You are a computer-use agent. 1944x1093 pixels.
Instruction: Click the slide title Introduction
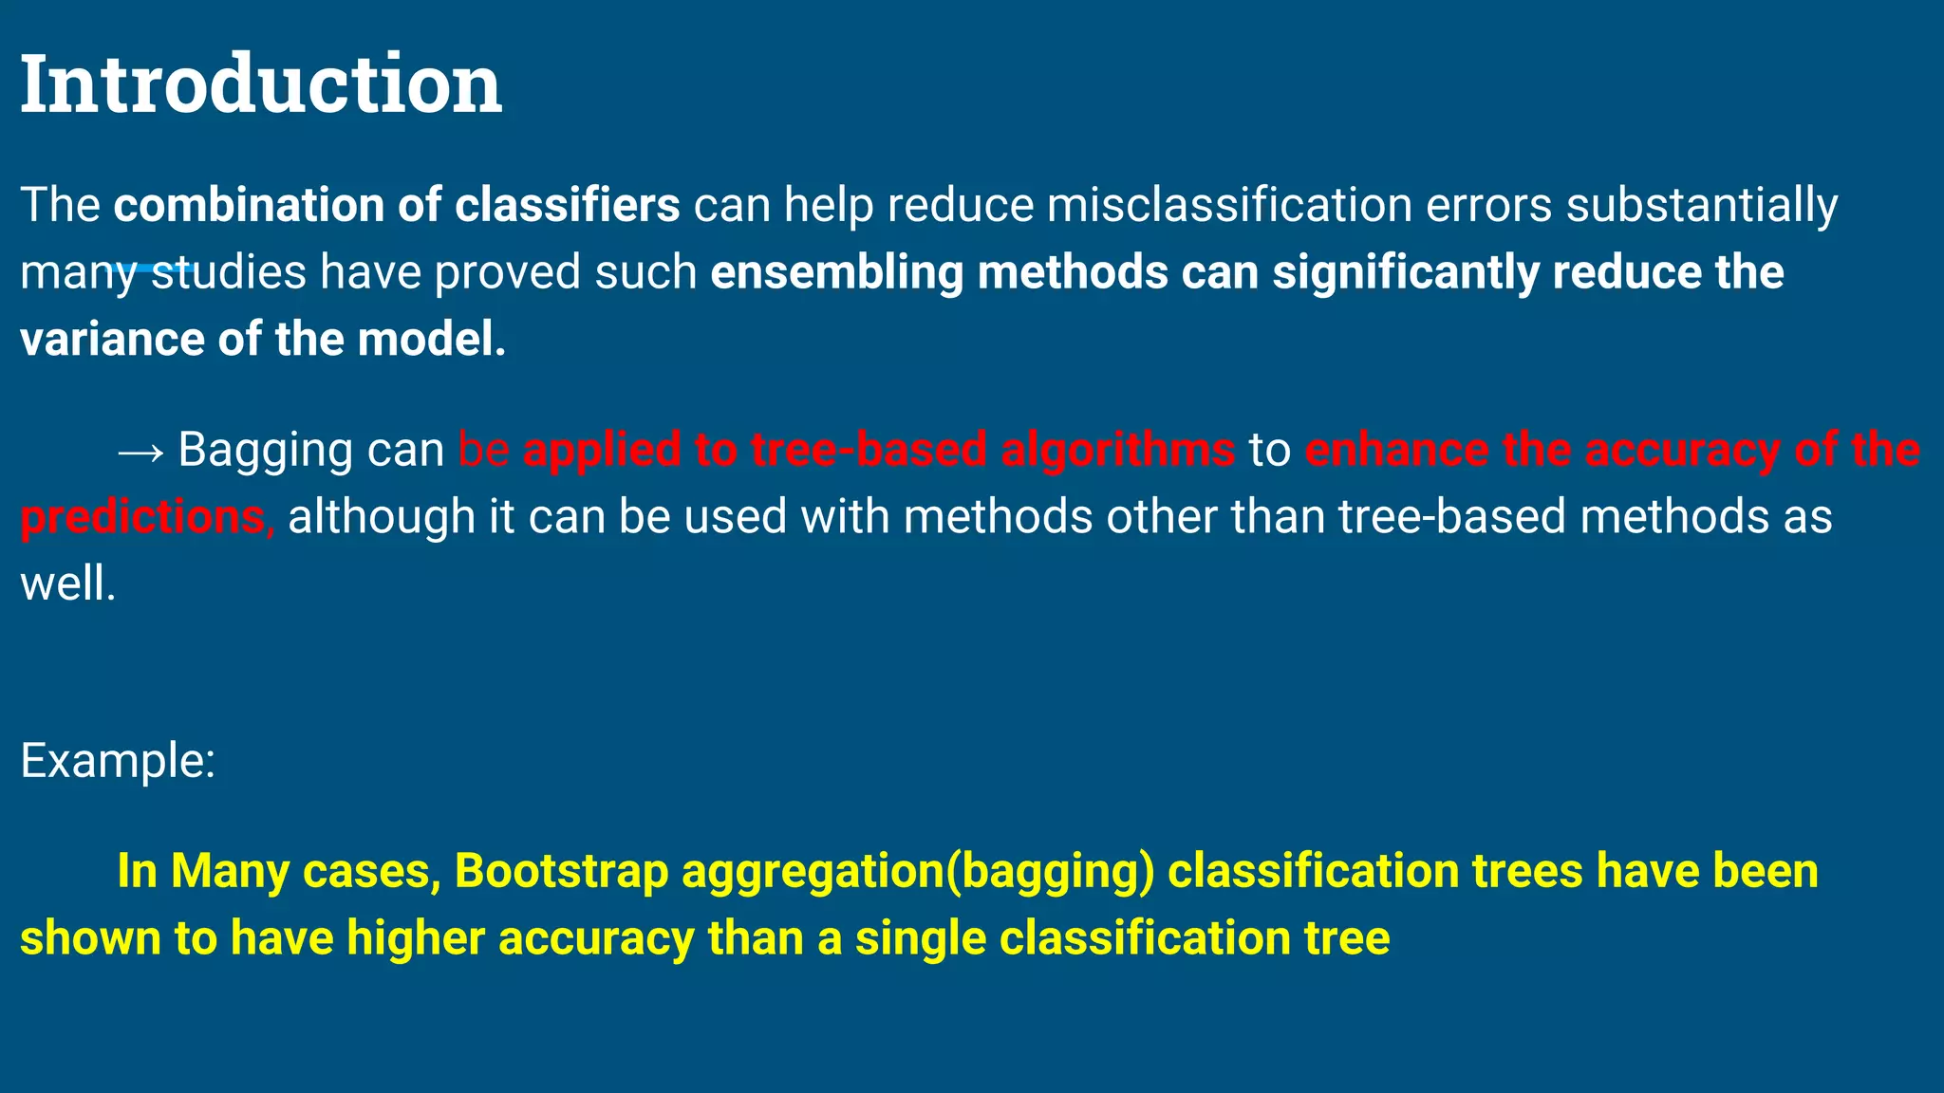(261, 84)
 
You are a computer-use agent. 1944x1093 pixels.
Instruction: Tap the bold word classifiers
(568, 206)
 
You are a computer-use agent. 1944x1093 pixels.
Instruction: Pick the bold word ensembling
(837, 273)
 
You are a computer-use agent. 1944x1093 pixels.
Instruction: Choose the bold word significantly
(1405, 273)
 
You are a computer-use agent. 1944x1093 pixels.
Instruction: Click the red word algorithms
(1117, 451)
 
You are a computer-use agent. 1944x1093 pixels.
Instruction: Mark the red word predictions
(142, 518)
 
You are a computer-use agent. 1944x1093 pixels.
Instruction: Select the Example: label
(118, 761)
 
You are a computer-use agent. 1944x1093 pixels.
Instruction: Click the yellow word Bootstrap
(561, 872)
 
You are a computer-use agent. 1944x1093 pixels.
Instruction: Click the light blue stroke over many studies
(152, 269)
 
